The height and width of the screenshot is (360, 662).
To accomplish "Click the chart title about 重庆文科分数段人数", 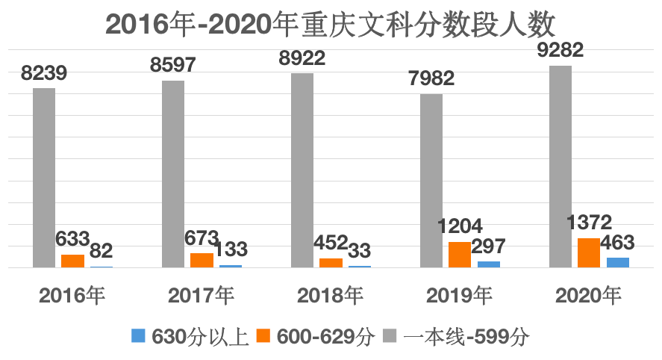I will (331, 24).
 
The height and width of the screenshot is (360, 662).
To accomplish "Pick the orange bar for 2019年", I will (460, 254).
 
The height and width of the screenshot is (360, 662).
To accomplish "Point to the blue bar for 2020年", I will (617, 262).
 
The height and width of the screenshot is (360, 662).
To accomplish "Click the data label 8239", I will (44, 73).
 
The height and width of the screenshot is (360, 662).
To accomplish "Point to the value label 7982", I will (431, 78).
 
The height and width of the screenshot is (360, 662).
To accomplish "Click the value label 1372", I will (589, 222).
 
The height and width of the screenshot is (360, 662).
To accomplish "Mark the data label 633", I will (72, 240).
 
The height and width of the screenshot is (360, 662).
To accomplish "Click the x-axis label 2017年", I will (202, 295).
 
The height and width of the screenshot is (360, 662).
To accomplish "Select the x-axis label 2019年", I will (460, 295).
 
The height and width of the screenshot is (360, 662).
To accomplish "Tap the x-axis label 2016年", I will (72, 295).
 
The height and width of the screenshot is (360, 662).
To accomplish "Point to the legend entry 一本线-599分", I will (457, 336).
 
